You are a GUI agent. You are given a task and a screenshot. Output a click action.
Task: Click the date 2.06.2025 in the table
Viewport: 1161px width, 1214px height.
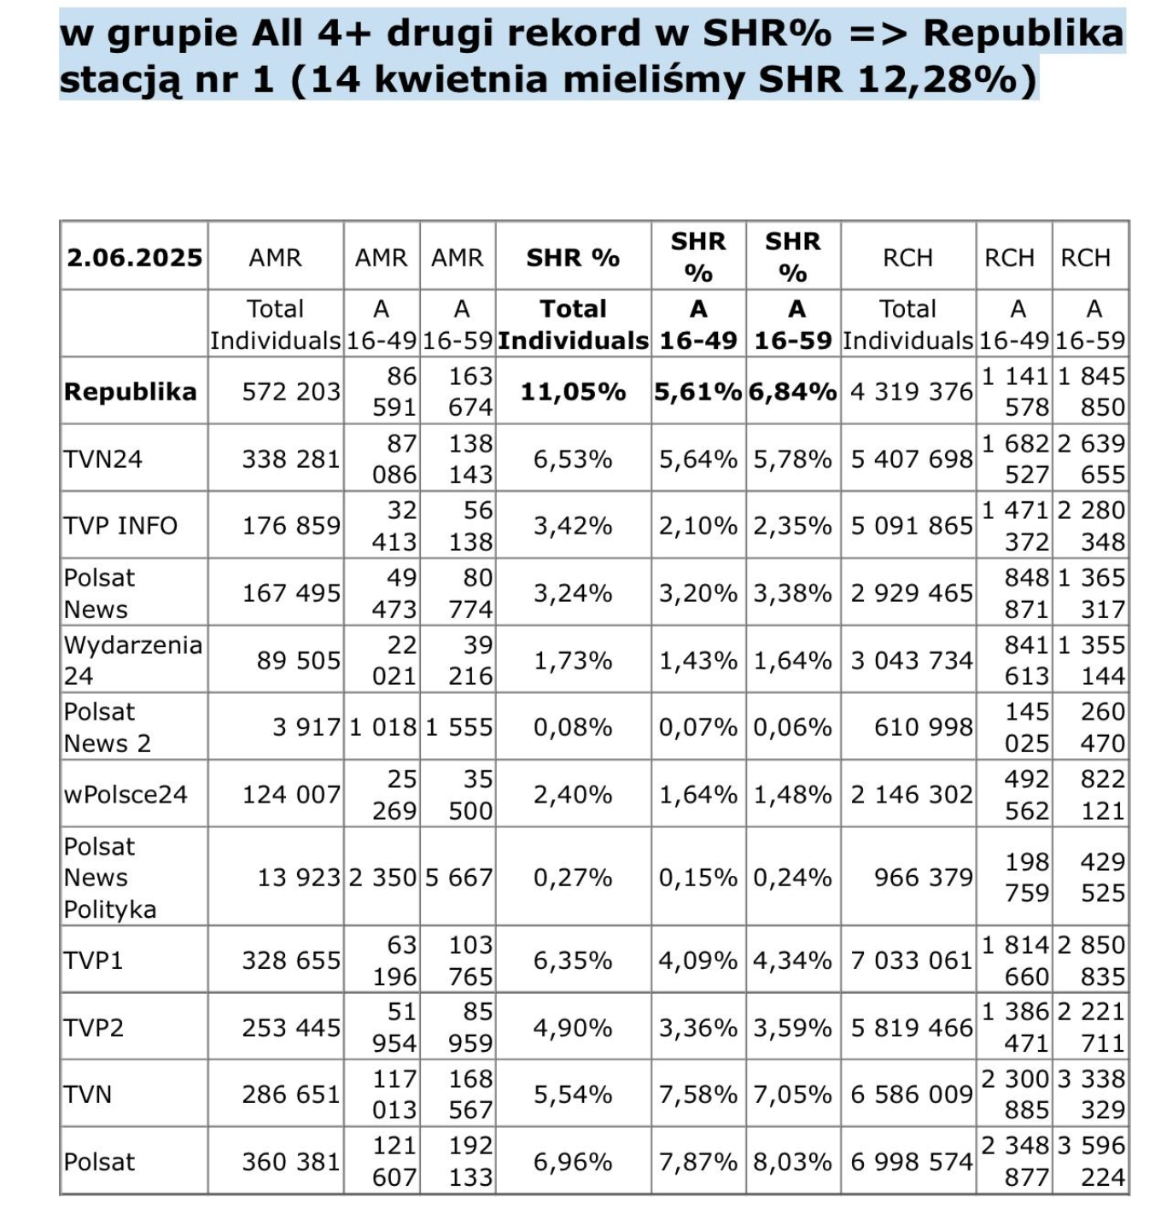pos(135,258)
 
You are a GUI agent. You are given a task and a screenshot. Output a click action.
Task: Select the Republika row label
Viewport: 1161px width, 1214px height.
pos(130,392)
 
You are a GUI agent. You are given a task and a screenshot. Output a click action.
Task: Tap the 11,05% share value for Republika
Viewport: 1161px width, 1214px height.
pos(573,392)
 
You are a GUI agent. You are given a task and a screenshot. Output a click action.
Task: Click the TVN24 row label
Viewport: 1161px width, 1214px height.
pos(102,459)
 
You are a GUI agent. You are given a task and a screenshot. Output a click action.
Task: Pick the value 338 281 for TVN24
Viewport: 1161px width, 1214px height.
pos(290,459)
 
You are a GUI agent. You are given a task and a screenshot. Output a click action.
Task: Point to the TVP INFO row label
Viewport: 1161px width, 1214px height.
pos(120,526)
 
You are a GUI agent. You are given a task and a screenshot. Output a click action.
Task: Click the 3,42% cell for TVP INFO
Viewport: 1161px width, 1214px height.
pos(573,526)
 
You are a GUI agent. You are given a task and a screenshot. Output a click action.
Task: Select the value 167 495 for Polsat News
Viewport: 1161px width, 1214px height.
pos(290,592)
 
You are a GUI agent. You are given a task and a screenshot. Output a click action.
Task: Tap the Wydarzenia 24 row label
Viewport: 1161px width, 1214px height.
pos(132,660)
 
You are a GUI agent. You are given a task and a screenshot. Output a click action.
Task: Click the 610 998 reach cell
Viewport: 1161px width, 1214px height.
pos(923,727)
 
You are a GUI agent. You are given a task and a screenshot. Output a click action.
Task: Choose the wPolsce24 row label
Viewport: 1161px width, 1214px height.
pos(125,795)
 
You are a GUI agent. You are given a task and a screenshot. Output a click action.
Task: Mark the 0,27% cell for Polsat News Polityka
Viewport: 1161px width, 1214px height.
pos(573,878)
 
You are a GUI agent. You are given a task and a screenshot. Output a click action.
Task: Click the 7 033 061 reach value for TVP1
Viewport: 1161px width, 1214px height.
pos(911,960)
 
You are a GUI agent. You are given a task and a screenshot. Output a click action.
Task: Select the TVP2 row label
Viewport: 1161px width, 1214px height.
pos(93,1028)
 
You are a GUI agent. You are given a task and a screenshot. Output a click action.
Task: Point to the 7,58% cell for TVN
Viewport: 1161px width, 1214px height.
pos(697,1094)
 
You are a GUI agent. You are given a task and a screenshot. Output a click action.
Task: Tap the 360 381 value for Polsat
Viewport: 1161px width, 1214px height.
pos(290,1162)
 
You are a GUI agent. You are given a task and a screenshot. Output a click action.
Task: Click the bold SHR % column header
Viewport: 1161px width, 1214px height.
pos(573,258)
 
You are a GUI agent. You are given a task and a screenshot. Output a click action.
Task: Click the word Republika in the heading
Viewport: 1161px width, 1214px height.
pos(1023,32)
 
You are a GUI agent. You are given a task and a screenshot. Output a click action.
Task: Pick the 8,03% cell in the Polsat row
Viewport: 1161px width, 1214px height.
pos(792,1162)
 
